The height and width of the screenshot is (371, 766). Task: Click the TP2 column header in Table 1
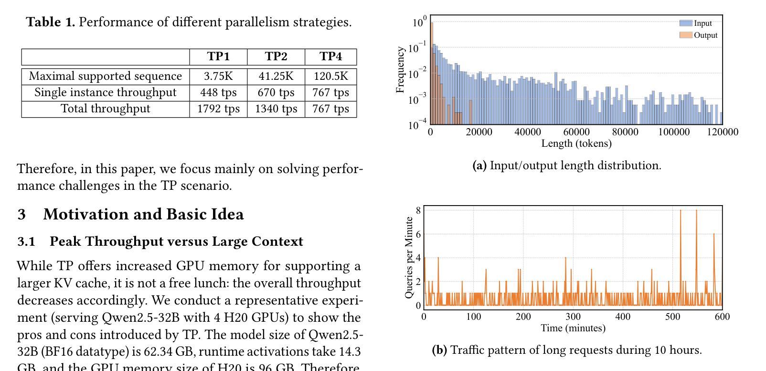(x=276, y=56)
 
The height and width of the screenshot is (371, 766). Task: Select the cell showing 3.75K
(x=218, y=76)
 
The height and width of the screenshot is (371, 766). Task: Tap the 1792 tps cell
(x=218, y=109)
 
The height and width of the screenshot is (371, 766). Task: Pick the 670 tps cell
(x=276, y=93)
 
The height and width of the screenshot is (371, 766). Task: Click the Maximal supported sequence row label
(x=106, y=76)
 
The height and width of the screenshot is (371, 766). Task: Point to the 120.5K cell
(x=331, y=76)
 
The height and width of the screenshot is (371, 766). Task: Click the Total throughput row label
(x=106, y=109)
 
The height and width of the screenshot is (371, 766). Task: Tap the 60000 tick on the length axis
(x=576, y=132)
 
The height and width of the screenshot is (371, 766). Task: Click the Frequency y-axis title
(x=400, y=70)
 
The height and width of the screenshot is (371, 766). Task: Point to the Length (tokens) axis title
(x=576, y=143)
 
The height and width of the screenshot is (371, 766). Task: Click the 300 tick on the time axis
(x=573, y=316)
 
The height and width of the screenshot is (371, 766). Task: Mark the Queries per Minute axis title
(x=409, y=258)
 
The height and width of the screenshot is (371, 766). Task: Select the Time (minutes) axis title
(x=573, y=328)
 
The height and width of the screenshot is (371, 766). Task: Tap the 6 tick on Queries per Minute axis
(x=418, y=234)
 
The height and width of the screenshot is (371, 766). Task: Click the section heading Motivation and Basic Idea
(x=143, y=214)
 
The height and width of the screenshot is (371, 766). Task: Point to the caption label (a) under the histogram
(x=479, y=165)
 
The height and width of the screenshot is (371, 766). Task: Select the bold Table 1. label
(x=50, y=22)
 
